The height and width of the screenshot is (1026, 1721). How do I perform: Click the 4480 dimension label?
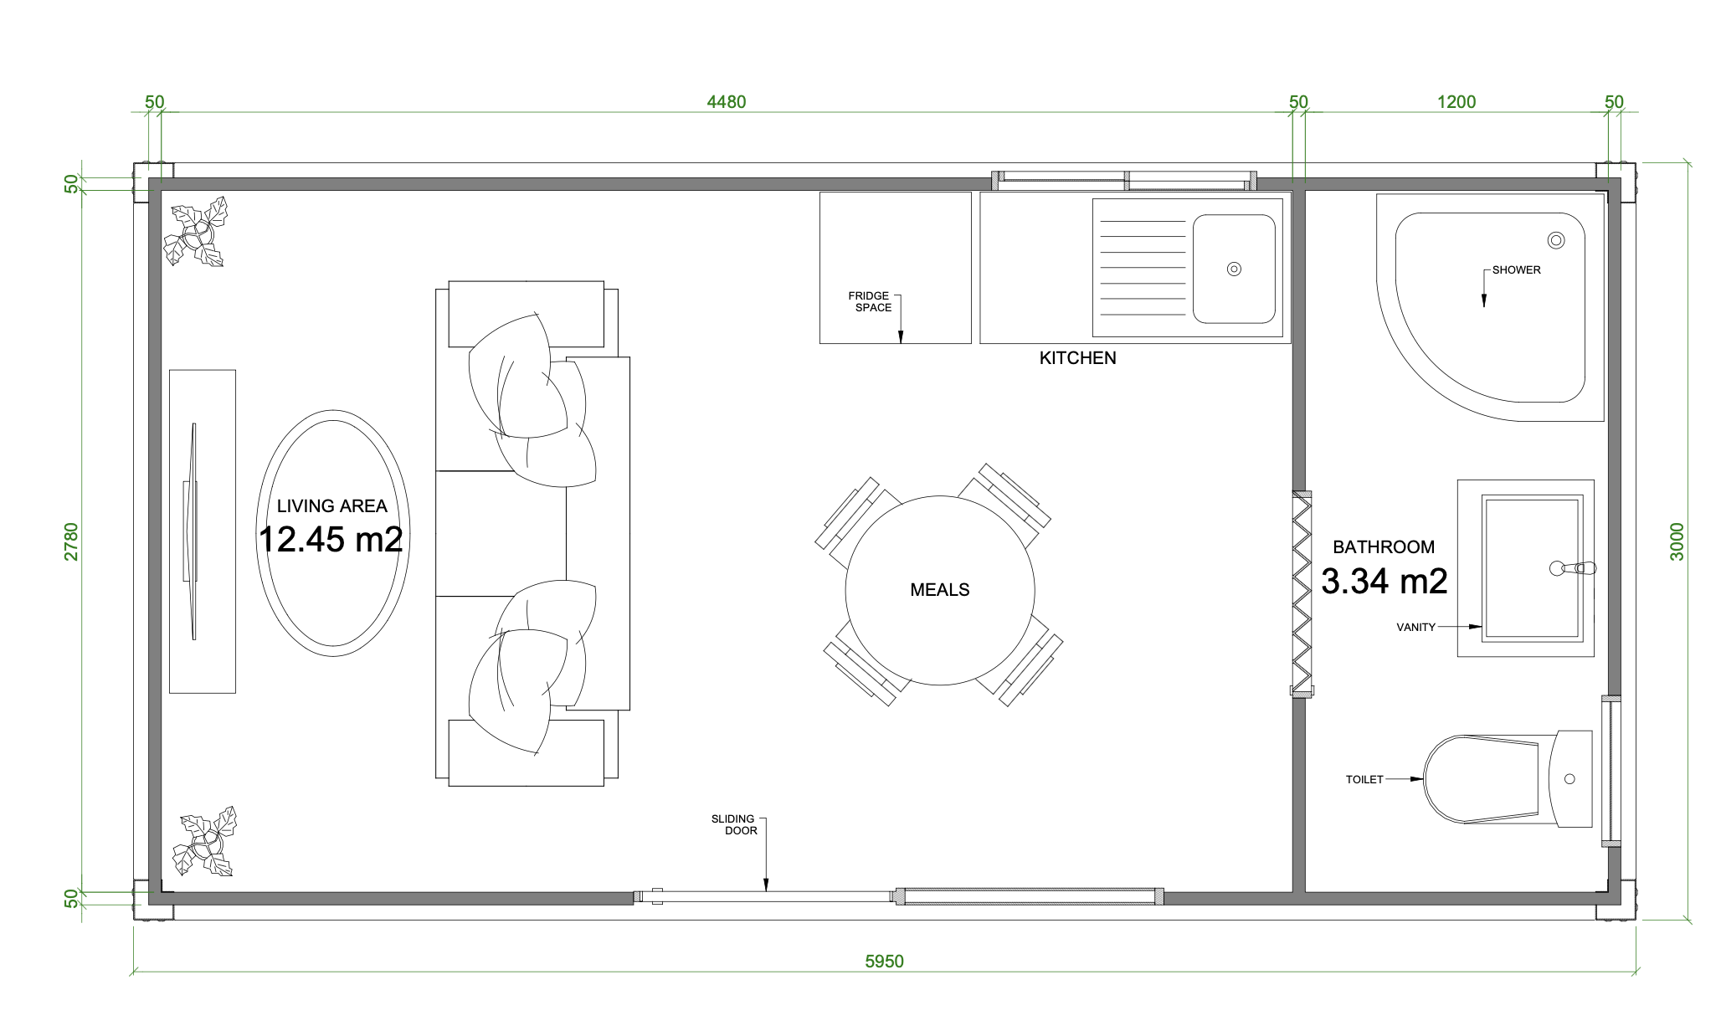coord(726,102)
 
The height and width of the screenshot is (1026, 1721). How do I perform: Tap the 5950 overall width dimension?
coord(884,962)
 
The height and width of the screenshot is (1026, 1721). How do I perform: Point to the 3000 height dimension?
coord(1677,541)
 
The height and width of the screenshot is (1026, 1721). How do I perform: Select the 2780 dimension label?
coord(71,541)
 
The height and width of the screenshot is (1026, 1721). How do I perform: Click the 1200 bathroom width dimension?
coord(1456,102)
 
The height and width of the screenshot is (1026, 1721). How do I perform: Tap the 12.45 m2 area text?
coord(331,540)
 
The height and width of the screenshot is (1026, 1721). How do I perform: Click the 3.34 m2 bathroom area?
coord(1385,582)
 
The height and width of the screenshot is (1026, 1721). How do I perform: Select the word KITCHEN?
coord(1077,358)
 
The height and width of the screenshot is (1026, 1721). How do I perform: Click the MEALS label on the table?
coord(940,590)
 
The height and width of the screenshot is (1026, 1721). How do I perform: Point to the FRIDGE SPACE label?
coord(870,302)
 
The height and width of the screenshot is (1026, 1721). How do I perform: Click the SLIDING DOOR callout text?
coord(734,825)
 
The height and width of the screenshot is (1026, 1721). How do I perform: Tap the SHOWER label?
coord(1516,270)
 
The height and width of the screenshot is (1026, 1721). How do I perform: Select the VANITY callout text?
coord(1415,628)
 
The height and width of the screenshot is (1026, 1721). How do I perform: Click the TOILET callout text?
coord(1364,780)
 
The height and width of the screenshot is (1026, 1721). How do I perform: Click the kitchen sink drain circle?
coord(1234,269)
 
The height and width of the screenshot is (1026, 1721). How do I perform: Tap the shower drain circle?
coord(1556,241)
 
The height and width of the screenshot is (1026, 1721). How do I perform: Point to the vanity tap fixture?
coord(1573,569)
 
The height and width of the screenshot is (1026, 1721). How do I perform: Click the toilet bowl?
coord(1482,779)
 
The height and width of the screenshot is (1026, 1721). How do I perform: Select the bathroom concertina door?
coord(1302,593)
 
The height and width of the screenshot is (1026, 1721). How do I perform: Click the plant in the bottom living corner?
coord(205,842)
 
